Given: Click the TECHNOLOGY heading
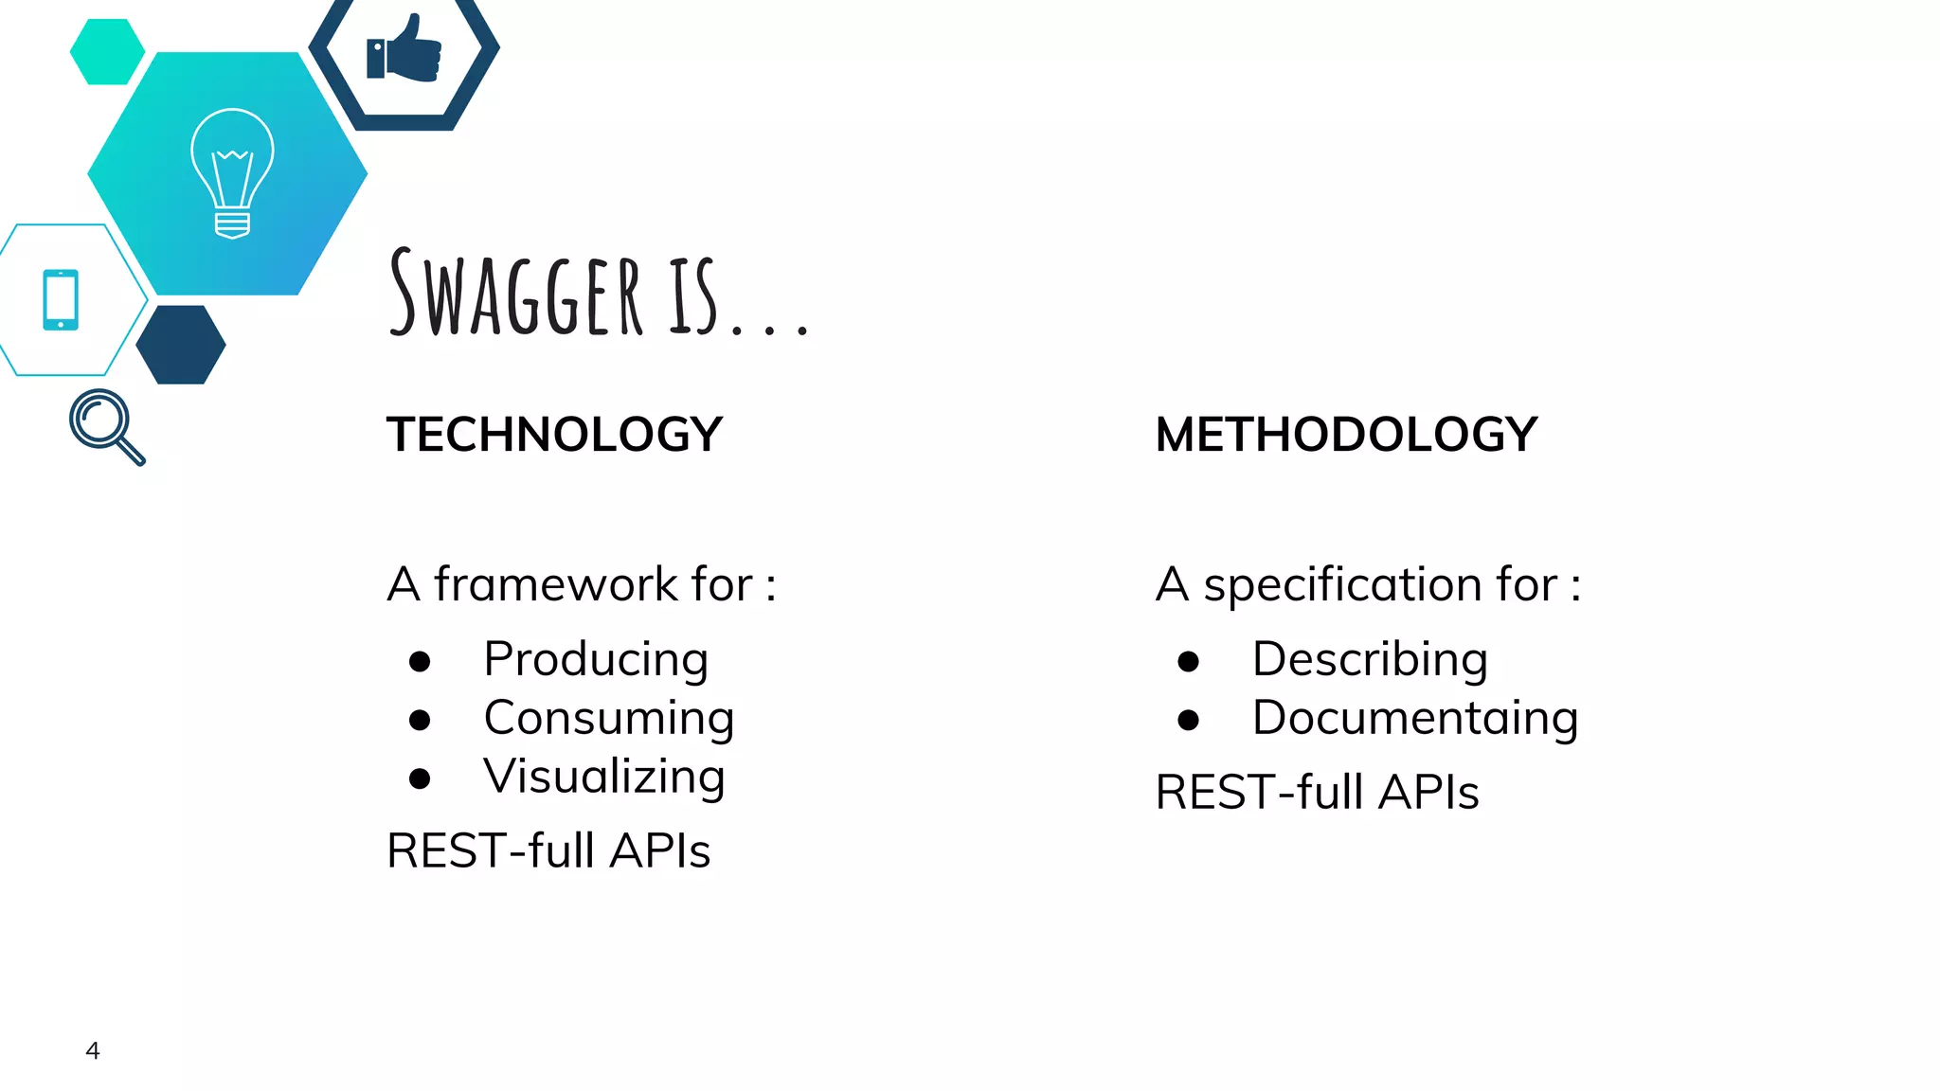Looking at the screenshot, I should pyautogui.click(x=554, y=435).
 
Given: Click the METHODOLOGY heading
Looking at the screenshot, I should pyautogui.click(x=1346, y=435).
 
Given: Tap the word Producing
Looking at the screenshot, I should pyautogui.click(x=596, y=659).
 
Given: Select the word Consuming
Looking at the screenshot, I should pyautogui.click(x=609, y=718).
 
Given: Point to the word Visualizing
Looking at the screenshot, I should pyautogui.click(x=604, y=777).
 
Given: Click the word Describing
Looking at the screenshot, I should pyautogui.click(x=1370, y=659).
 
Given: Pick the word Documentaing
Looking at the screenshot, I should pyautogui.click(x=1415, y=718).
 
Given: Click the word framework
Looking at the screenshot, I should pyautogui.click(x=555, y=584).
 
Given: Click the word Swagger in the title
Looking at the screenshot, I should pyautogui.click(x=517, y=294).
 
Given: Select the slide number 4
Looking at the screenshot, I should pyautogui.click(x=93, y=1050).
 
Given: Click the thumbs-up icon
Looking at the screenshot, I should pyautogui.click(x=405, y=49).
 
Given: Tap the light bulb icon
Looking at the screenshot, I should pyautogui.click(x=232, y=173).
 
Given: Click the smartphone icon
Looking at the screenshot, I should pyautogui.click(x=61, y=300).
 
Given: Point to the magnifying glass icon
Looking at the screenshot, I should pyautogui.click(x=106, y=425).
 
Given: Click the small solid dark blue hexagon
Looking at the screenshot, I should pyautogui.click(x=181, y=345).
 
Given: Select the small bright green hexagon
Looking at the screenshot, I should pyautogui.click(x=107, y=52).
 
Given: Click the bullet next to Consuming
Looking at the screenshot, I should pyautogui.click(x=420, y=720).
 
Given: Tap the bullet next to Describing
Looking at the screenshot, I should pyautogui.click(x=1188, y=661).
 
